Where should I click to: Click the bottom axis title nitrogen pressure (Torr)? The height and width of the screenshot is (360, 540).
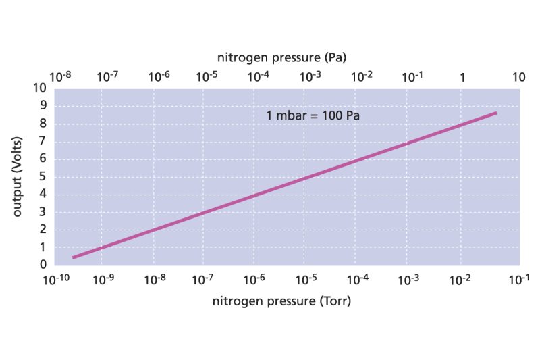pyautogui.click(x=282, y=301)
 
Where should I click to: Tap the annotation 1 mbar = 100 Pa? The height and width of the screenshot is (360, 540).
pyautogui.click(x=313, y=115)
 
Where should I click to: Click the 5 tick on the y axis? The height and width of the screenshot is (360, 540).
pyautogui.click(x=43, y=177)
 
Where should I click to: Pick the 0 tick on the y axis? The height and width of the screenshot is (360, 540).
pyautogui.click(x=43, y=265)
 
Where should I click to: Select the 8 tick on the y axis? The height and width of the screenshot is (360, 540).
pyautogui.click(x=43, y=124)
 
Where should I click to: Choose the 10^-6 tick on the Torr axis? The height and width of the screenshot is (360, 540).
pyautogui.click(x=255, y=279)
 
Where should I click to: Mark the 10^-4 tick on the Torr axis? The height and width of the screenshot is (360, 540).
pyautogui.click(x=356, y=279)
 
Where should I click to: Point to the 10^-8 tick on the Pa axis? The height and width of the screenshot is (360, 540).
pyautogui.click(x=61, y=76)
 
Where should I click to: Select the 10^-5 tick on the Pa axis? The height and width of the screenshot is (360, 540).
pyautogui.click(x=207, y=76)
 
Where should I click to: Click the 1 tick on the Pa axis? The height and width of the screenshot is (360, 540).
pyautogui.click(x=462, y=77)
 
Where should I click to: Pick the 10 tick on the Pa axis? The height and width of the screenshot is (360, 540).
pyautogui.click(x=518, y=77)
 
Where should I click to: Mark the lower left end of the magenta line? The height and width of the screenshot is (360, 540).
pyautogui.click(x=73, y=257)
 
